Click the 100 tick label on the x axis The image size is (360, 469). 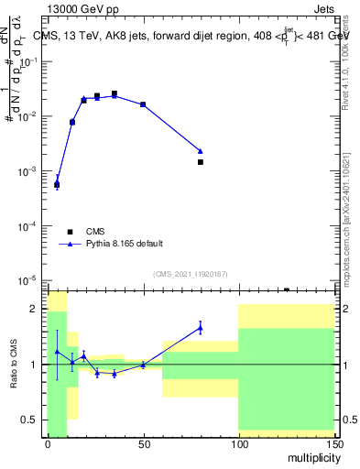click(238, 444)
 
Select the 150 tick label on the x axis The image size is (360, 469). click(333, 444)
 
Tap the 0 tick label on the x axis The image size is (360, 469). click(48, 444)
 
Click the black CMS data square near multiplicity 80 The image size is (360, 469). click(200, 162)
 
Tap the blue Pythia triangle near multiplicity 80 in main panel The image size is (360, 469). click(200, 151)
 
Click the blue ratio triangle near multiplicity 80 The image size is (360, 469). click(200, 327)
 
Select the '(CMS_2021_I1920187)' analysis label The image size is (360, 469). click(190, 273)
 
